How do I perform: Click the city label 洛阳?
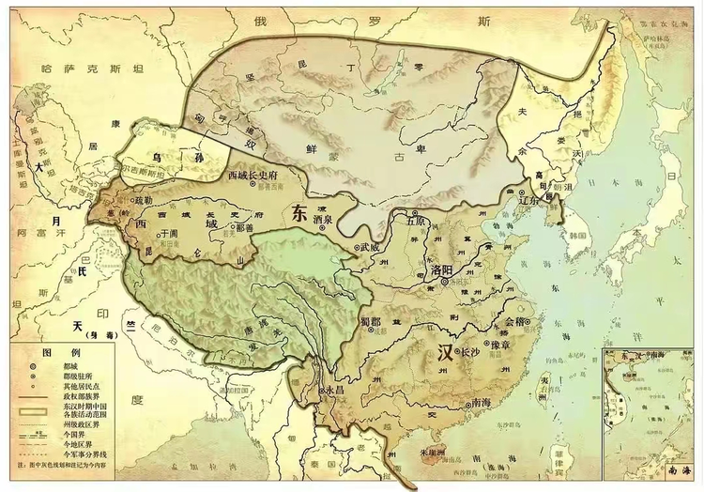(x=443, y=270)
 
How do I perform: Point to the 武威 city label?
(x=370, y=247)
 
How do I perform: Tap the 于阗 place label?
(x=168, y=232)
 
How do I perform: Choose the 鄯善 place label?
(x=246, y=226)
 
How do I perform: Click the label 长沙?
(x=470, y=353)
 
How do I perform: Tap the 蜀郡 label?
(x=372, y=321)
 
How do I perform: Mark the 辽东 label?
(x=530, y=199)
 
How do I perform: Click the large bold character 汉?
(x=449, y=354)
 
